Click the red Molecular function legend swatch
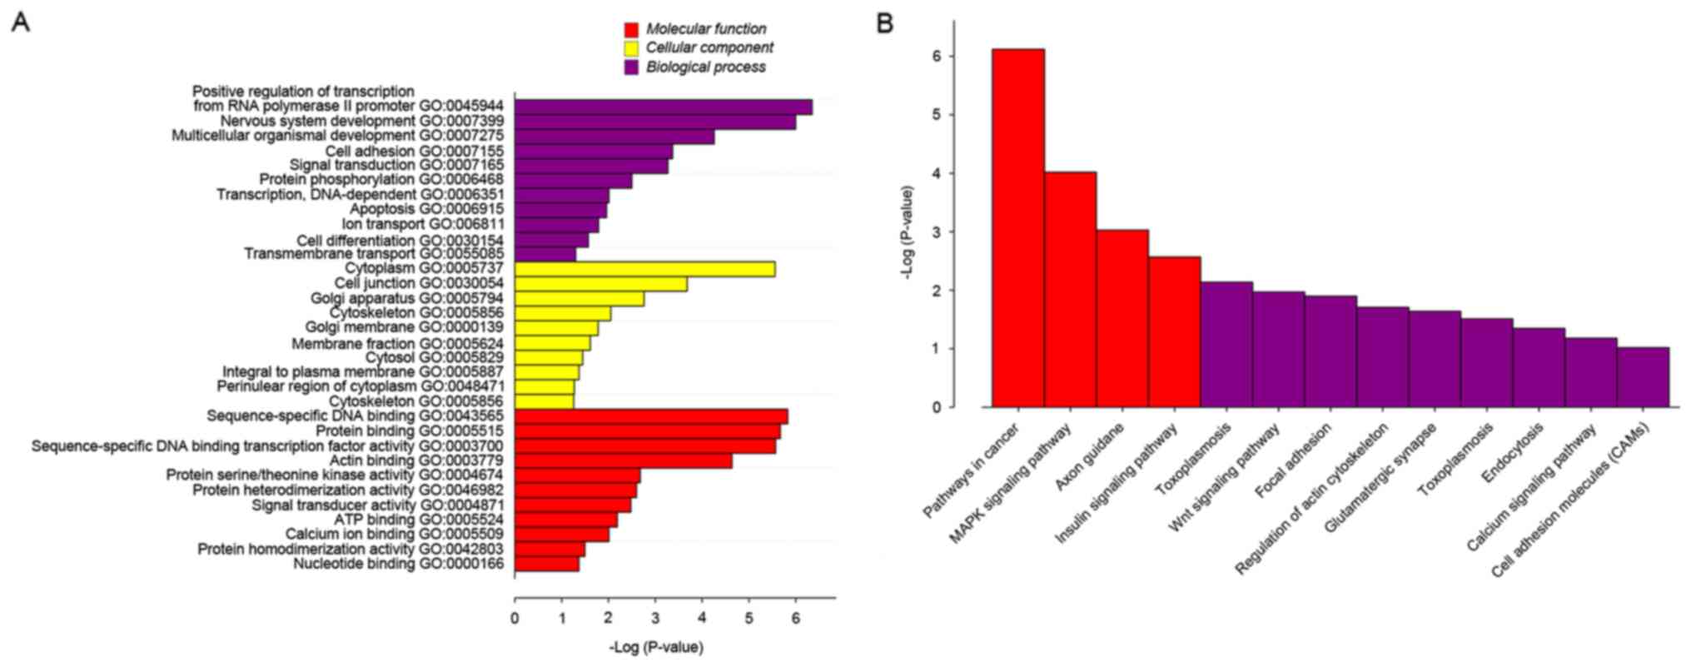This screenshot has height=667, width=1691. (631, 30)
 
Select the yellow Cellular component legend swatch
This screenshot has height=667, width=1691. (631, 49)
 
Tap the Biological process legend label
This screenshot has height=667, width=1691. (705, 67)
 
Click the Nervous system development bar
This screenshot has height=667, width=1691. (654, 122)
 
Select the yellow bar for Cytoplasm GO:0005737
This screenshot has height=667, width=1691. (644, 269)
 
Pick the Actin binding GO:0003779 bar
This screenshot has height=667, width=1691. (623, 461)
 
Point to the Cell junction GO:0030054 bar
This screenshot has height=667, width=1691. (600, 284)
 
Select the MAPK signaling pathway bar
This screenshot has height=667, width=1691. (1070, 289)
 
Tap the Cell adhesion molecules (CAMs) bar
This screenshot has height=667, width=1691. (1643, 377)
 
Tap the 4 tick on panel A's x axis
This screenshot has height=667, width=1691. (702, 618)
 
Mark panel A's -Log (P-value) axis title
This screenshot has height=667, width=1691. (656, 647)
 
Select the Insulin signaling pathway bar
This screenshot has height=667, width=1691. (1174, 331)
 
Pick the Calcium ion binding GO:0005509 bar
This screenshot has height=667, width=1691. (562, 535)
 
